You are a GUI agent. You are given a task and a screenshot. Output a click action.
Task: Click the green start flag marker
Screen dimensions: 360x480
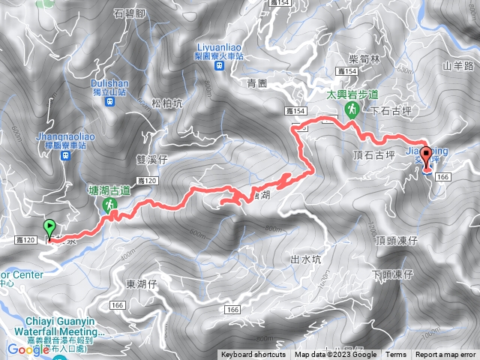(x=50, y=228)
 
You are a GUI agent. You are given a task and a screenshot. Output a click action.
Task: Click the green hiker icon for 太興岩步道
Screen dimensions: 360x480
(x=350, y=109)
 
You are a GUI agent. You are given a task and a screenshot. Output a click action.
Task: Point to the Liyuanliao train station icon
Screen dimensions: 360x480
(x=219, y=65)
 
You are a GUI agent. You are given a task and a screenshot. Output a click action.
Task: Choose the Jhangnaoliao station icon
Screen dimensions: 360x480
(x=65, y=155)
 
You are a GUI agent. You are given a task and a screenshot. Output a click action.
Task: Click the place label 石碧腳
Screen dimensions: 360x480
(x=129, y=13)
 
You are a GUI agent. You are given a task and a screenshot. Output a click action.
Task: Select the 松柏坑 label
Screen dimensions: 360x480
(x=166, y=103)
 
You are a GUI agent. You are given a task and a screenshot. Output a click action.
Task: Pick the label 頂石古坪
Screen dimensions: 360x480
(x=372, y=155)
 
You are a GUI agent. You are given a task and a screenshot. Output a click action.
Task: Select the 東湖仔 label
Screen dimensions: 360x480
(x=141, y=283)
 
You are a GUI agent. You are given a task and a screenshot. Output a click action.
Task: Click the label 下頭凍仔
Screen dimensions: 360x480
(x=392, y=274)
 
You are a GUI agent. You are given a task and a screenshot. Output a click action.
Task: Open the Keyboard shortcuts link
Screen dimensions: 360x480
(x=253, y=355)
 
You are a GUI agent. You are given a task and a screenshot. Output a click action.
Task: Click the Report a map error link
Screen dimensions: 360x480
(x=446, y=355)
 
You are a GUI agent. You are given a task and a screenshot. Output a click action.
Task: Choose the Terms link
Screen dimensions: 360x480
(x=396, y=355)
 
